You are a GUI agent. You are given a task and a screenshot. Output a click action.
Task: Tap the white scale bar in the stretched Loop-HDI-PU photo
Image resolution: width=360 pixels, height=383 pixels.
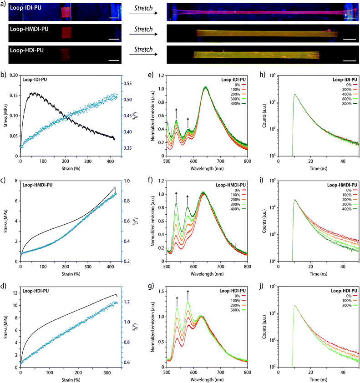349,60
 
